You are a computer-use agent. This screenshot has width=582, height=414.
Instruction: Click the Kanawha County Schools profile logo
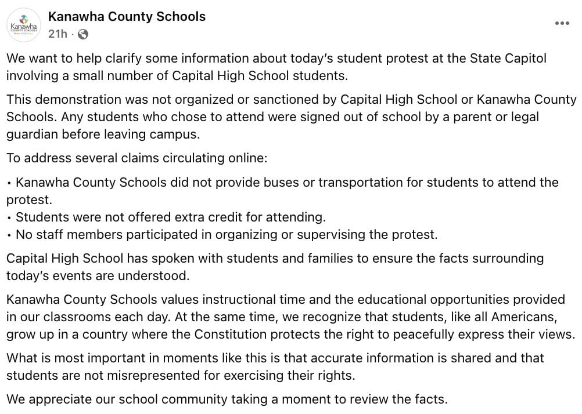[x=24, y=25]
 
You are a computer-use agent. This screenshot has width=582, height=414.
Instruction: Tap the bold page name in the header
[x=127, y=16]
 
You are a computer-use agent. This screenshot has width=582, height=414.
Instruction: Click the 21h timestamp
[x=58, y=34]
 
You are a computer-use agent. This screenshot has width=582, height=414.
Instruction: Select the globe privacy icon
[x=83, y=34]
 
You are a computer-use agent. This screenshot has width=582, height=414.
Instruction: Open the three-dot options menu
[x=562, y=24]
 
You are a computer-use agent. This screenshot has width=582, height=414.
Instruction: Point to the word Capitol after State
[x=523, y=59]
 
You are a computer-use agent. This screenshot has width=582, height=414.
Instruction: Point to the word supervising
[x=340, y=234]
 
